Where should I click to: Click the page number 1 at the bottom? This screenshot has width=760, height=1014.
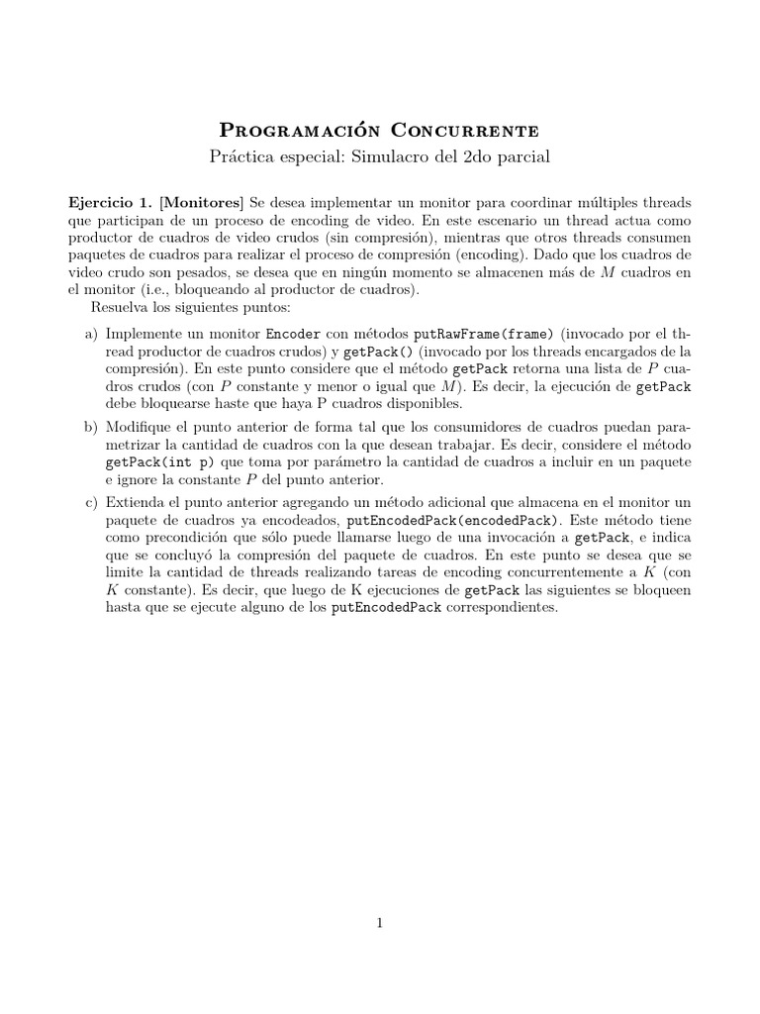click(379, 923)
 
